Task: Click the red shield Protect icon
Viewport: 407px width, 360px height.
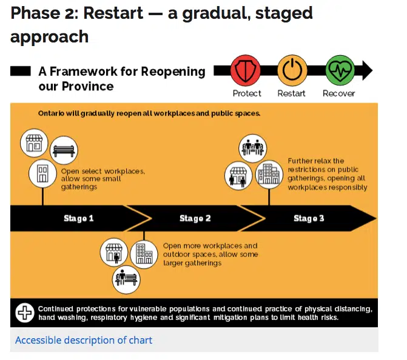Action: (246, 71)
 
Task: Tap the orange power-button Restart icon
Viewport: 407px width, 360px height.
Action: (292, 71)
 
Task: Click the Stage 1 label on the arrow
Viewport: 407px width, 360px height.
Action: (79, 218)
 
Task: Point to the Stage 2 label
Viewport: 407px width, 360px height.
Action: (195, 218)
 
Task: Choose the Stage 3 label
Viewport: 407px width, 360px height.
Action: (309, 218)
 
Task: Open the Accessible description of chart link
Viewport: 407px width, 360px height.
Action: (84, 340)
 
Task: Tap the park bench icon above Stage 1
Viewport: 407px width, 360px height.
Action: (62, 151)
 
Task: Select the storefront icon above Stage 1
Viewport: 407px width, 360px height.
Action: (33, 144)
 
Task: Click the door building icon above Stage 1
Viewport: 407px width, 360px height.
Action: (42, 174)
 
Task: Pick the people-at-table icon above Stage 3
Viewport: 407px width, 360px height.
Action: (252, 148)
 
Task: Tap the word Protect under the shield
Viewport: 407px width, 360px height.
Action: (247, 93)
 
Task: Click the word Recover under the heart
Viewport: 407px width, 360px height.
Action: (338, 93)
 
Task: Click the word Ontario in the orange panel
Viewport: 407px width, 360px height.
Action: (53, 113)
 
